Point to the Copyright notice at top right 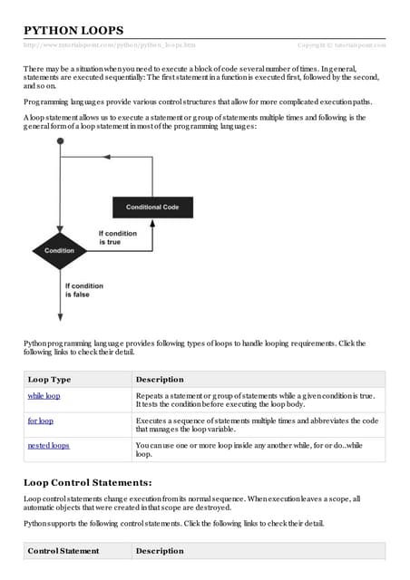tap(341, 43)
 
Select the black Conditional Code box tap(151, 208)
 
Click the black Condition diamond tap(60, 250)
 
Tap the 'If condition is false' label tap(83, 289)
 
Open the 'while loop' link tap(44, 396)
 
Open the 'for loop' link tap(41, 421)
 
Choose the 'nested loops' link tap(49, 446)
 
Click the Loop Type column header tap(50, 379)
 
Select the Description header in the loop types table tap(159, 379)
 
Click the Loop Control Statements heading tap(87, 481)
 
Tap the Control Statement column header tap(63, 550)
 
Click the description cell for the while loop tap(258, 401)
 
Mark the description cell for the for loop tap(258, 425)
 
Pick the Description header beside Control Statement tap(159, 550)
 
